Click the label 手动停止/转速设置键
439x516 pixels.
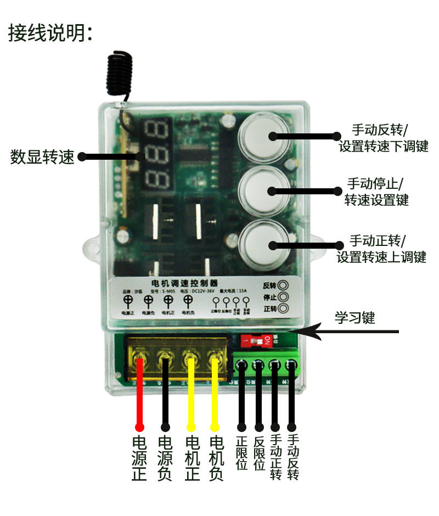(x=376, y=190)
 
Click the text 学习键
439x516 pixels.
(x=355, y=317)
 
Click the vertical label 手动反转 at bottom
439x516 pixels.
(x=292, y=457)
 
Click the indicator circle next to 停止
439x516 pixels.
(x=283, y=297)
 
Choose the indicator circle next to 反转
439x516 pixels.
(x=283, y=286)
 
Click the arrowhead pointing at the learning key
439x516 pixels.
(x=305, y=331)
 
